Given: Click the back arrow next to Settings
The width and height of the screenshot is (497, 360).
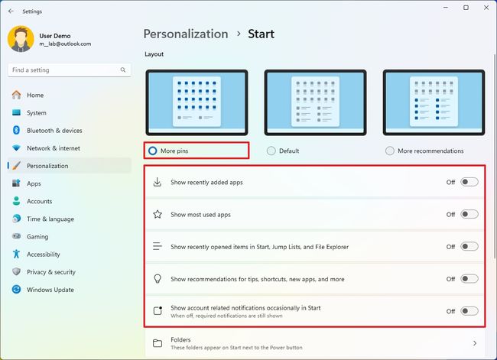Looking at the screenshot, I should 11,11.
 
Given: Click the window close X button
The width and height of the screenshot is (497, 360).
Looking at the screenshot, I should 485,8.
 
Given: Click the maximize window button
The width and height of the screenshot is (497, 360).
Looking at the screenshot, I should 466,8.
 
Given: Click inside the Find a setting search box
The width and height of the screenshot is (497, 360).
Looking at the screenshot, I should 65,70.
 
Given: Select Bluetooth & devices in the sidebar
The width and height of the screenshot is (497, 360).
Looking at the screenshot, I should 54,131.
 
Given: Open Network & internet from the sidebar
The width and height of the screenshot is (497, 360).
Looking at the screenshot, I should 53,148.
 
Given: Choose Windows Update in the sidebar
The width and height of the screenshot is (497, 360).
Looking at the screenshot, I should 50,290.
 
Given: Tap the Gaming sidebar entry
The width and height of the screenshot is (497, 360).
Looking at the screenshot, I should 37,237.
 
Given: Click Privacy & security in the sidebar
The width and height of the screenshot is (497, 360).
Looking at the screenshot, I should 50,272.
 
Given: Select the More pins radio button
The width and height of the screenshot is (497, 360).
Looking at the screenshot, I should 153,151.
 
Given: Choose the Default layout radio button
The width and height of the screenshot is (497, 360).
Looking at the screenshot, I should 271,151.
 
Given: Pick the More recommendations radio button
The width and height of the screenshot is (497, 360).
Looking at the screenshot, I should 390,151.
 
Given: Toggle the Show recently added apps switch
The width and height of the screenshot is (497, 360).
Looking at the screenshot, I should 469,183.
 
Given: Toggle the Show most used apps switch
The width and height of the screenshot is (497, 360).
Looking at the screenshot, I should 469,215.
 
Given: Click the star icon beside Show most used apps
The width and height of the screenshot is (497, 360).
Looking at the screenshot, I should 158,215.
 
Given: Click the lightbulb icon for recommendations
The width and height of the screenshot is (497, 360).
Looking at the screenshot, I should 158,279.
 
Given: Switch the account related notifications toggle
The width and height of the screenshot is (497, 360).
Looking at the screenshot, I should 469,311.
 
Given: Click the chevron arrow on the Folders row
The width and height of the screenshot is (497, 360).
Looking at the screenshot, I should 475,343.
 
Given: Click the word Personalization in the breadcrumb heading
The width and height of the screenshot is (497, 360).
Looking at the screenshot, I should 186,34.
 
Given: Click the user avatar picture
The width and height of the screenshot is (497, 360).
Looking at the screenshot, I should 21,39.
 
